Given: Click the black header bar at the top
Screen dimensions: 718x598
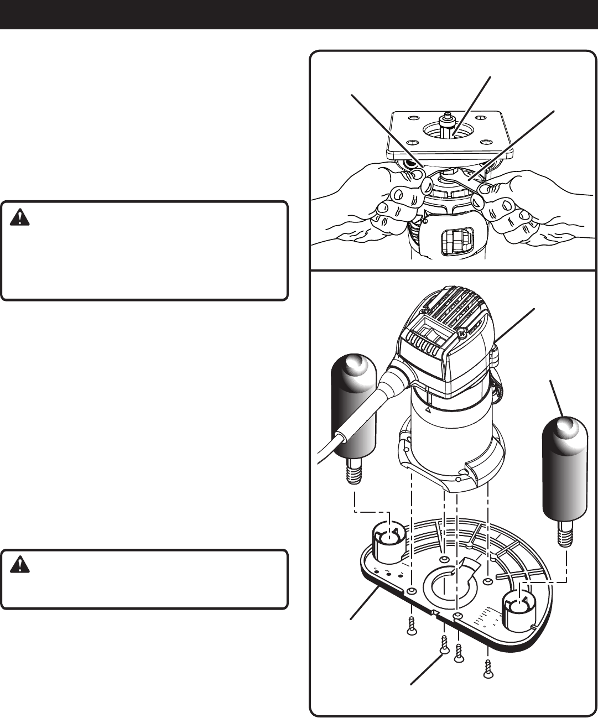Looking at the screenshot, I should (299, 14).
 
